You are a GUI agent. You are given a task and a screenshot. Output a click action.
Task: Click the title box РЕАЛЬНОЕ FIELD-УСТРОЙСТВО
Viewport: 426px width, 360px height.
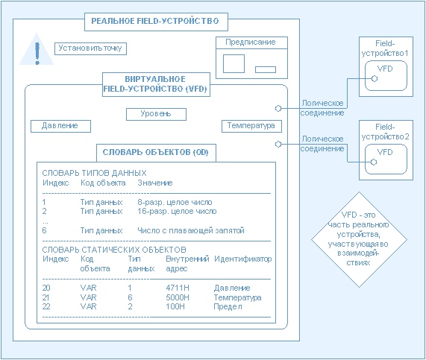[x=156, y=22]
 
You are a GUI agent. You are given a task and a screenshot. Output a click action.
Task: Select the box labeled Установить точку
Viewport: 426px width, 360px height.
[x=90, y=48]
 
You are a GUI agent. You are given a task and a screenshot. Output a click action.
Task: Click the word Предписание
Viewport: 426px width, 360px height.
[x=251, y=42]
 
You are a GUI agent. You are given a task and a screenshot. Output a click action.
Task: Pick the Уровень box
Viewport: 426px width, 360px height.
[x=156, y=114]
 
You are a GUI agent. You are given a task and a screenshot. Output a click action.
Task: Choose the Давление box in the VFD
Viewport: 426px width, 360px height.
[x=60, y=126]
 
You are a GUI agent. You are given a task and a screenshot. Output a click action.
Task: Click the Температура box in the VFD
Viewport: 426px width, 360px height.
[x=251, y=126]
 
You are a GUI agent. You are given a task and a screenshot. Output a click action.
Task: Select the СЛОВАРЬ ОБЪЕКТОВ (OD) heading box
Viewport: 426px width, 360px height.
[x=156, y=153]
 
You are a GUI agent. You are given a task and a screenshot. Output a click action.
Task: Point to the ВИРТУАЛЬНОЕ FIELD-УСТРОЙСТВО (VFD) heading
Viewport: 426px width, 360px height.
[x=156, y=84]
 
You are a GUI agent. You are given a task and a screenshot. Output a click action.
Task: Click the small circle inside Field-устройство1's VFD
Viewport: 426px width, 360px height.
[x=375, y=79]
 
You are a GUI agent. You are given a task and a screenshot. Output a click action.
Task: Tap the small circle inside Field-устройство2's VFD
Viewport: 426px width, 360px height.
[x=374, y=162]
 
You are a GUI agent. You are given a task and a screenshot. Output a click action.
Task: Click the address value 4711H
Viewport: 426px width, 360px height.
[x=178, y=288]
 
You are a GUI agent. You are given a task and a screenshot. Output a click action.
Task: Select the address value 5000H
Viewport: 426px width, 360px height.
[x=178, y=297]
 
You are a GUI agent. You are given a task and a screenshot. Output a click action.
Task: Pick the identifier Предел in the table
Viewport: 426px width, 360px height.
[x=228, y=307]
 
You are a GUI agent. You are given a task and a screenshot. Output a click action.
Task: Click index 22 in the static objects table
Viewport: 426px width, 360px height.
[x=46, y=306]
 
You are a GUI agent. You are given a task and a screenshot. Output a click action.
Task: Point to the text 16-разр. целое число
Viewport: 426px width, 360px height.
[x=177, y=211]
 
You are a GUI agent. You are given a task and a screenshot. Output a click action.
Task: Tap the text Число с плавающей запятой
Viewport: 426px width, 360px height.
[x=191, y=230]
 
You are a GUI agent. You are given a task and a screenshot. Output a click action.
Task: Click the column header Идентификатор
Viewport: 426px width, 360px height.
[x=243, y=259]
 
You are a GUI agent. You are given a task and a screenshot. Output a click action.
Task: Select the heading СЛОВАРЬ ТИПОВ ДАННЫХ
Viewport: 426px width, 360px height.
[x=94, y=173]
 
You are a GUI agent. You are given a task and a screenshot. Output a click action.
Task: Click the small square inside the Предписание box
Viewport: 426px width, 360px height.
[x=234, y=64]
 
